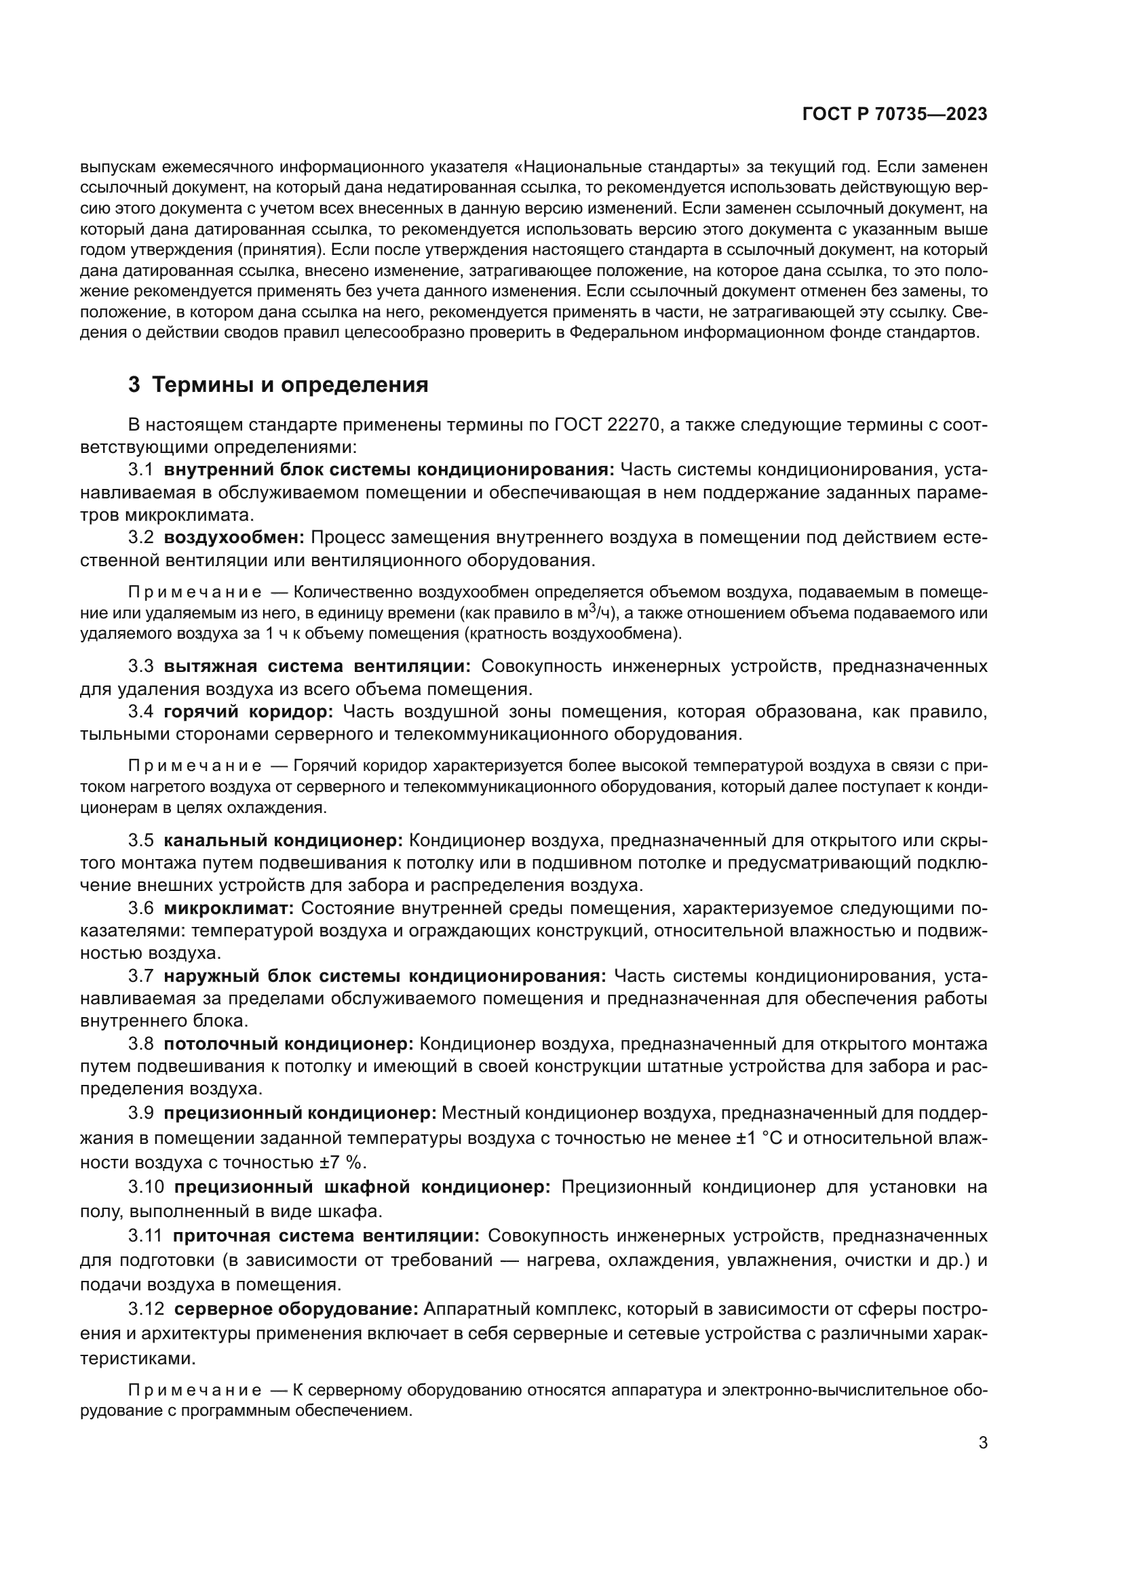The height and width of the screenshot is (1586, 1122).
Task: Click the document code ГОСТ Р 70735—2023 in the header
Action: point(895,114)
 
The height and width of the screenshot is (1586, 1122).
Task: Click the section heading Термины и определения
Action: point(290,384)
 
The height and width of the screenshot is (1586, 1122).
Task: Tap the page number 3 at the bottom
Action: point(983,1443)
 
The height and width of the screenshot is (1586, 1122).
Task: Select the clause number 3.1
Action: point(140,470)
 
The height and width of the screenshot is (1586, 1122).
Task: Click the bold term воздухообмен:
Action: point(234,537)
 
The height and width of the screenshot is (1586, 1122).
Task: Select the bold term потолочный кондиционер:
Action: point(288,1043)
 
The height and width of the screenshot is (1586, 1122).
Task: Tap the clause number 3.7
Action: point(140,975)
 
